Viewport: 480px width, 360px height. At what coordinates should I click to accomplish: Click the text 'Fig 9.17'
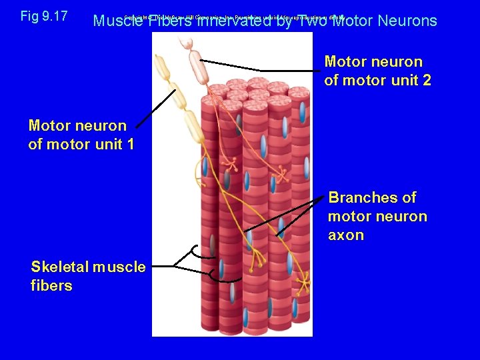click(x=44, y=16)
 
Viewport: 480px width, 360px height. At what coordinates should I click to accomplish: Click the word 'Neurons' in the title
click(x=407, y=21)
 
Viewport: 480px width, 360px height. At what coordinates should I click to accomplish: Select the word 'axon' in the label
click(x=345, y=235)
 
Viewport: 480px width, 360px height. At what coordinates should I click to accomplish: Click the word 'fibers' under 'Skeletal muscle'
click(x=51, y=285)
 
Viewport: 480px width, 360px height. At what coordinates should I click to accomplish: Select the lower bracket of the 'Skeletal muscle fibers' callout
click(x=213, y=273)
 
